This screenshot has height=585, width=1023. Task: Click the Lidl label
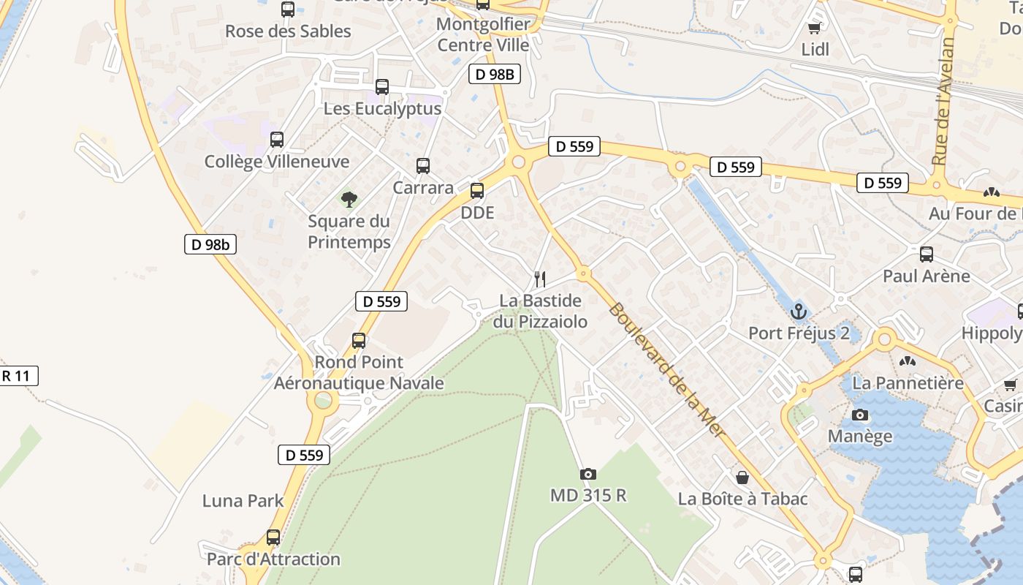tap(815, 50)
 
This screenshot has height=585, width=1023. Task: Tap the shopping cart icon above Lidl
tap(815, 29)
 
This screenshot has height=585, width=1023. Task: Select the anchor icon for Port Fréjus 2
tap(799, 312)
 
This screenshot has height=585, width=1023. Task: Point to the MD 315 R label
tap(588, 495)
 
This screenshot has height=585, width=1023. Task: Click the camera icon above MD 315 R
tap(588, 474)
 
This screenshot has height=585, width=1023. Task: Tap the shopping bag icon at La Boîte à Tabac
tap(742, 478)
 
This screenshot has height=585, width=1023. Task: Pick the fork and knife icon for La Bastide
tap(540, 279)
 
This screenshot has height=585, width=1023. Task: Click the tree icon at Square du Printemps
tap(349, 198)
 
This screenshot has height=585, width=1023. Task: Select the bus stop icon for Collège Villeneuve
tap(277, 139)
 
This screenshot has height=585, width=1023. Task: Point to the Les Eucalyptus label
tap(382, 109)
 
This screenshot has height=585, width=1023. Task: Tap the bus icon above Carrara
tap(423, 165)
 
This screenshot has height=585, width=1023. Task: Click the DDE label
tap(477, 213)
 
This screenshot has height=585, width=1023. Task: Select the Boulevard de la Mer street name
tap(666, 370)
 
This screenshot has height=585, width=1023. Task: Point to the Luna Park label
tap(243, 501)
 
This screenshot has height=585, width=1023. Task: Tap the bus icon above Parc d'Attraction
tap(273, 537)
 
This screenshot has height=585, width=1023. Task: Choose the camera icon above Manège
tap(861, 415)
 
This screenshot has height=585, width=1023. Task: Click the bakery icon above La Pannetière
tap(908, 361)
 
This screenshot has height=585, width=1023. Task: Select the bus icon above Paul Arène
tap(927, 254)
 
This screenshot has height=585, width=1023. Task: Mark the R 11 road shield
tap(16, 377)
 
